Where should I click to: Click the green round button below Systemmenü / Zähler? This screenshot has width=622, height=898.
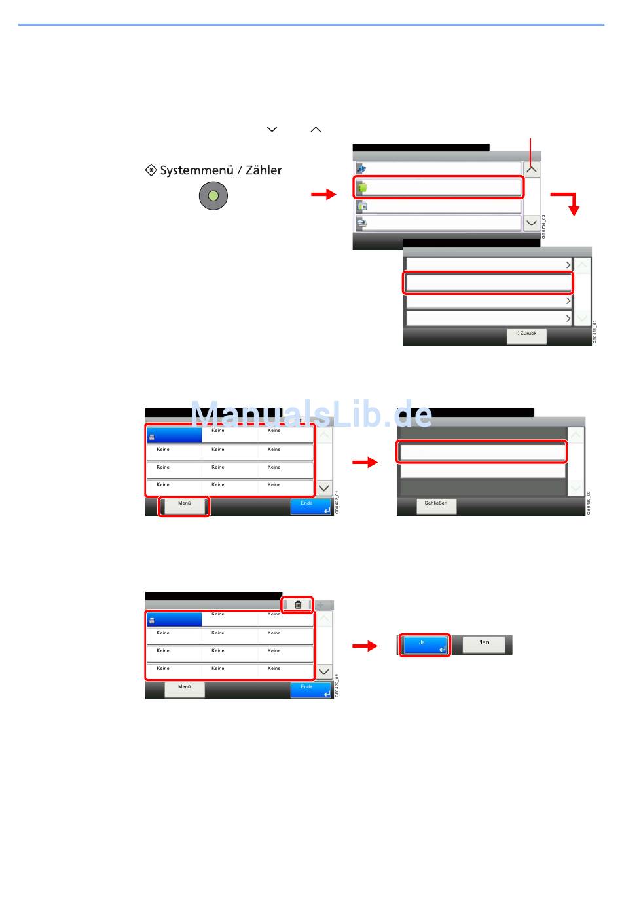(213, 196)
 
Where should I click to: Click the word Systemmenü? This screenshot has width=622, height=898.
(196, 170)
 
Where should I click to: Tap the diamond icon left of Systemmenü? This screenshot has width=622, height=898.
(151, 170)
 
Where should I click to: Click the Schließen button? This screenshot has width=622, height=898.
(436, 505)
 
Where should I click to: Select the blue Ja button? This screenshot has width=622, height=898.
(425, 645)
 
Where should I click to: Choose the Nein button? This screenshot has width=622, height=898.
(484, 644)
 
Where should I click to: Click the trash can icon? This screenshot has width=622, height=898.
(298, 605)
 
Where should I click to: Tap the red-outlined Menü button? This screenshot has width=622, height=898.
(185, 505)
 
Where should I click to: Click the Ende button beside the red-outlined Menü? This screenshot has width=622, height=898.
(310, 505)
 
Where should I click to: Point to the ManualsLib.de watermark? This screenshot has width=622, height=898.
(312, 414)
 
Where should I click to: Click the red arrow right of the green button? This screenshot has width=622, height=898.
(323, 194)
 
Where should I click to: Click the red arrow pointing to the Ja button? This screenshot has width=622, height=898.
(365, 646)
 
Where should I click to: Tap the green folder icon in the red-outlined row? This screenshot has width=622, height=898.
(362, 188)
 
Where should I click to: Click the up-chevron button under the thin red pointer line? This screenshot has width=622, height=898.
(532, 169)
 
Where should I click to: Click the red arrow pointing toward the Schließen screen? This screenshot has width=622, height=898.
(365, 462)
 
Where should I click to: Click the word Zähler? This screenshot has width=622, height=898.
(264, 170)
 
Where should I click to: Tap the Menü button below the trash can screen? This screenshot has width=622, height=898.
(185, 688)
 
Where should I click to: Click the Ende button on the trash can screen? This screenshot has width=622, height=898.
(310, 689)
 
